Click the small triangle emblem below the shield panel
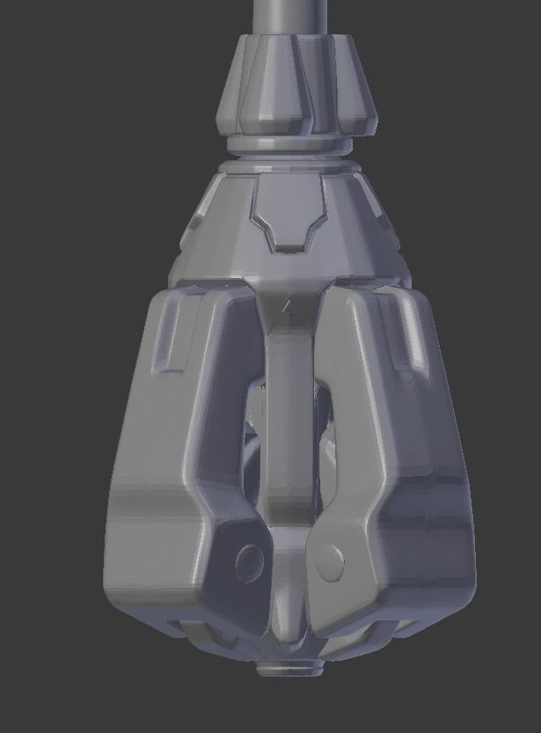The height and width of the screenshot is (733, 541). point(287,306)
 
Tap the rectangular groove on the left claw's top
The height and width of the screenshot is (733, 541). point(168,339)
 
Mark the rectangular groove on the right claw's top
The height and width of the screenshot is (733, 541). point(409,339)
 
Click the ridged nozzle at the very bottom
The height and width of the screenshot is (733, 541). point(290,669)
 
